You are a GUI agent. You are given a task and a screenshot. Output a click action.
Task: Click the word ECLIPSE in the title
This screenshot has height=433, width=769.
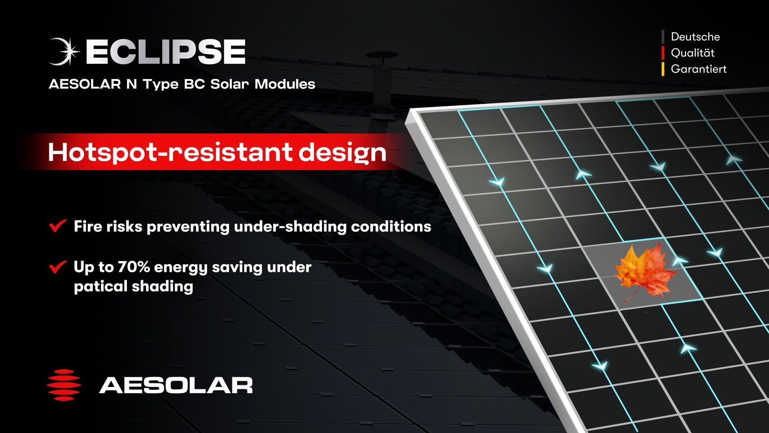(x=165, y=52)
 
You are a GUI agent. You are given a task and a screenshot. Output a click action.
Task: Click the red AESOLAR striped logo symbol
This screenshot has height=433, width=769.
(x=64, y=385)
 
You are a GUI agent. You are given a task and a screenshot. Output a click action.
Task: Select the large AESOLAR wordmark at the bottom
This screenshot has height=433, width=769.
(x=176, y=385)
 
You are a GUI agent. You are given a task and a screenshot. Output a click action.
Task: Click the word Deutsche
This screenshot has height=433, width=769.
(x=695, y=37)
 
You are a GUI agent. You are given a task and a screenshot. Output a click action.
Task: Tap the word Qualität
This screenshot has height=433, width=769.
(x=693, y=53)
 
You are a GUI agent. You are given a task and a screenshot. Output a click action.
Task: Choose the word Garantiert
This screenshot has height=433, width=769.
(x=699, y=69)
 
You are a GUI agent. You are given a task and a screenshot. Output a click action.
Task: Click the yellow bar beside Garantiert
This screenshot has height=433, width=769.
(x=663, y=69)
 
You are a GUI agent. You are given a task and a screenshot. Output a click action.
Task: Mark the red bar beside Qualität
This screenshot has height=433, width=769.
(x=663, y=53)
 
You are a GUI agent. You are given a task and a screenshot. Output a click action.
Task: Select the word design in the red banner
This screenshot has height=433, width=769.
(x=342, y=153)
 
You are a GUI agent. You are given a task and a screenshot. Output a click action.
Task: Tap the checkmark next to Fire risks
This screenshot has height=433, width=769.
(x=58, y=225)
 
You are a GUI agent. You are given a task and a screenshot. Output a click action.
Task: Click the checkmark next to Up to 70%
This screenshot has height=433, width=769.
(x=58, y=266)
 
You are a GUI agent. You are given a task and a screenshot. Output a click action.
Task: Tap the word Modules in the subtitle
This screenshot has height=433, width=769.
(x=285, y=84)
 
